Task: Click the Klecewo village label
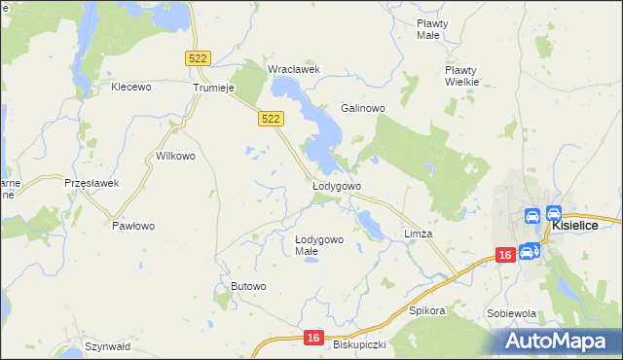pos(132,87)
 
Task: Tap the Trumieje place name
pos(215,87)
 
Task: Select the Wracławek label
pos(294,69)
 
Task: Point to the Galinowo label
pos(364,108)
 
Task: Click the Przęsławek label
pos(91,183)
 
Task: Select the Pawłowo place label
pos(133,225)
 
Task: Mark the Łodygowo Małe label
pos(319,245)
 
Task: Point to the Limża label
pos(418,234)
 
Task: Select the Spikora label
pos(427,311)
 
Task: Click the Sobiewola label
pos(512,313)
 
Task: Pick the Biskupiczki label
pos(360,344)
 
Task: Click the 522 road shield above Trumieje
pos(198,59)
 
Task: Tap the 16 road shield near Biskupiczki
pos(311,337)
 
